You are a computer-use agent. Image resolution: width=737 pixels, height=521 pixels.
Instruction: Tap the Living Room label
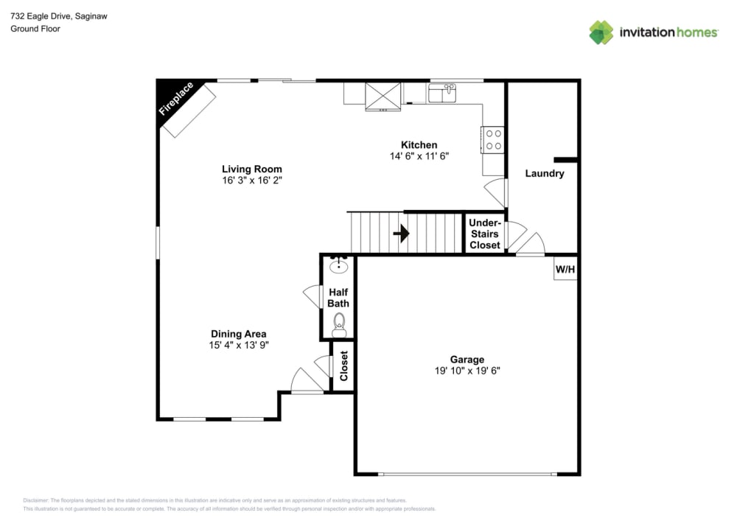(x=252, y=169)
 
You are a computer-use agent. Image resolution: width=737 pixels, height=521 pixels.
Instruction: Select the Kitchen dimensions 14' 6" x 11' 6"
(x=419, y=156)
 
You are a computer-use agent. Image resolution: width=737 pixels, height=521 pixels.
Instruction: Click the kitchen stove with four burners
(x=493, y=140)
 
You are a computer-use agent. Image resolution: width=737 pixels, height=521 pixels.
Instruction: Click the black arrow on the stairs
(x=401, y=234)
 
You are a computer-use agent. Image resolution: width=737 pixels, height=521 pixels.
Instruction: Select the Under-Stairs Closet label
(x=485, y=234)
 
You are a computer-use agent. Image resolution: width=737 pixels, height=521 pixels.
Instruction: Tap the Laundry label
(x=545, y=174)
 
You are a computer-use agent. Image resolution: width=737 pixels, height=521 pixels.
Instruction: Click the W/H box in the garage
(x=565, y=270)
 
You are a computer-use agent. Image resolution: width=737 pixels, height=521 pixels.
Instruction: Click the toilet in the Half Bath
(x=339, y=324)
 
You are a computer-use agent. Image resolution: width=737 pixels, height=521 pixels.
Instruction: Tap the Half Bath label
(x=339, y=298)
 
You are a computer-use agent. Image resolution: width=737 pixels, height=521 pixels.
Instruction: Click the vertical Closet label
(x=343, y=366)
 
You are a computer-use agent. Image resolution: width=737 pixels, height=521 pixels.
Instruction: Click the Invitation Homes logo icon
(x=601, y=32)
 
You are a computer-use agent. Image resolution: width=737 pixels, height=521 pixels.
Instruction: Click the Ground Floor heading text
(x=35, y=29)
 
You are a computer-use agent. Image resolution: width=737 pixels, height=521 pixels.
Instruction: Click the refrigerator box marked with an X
(x=383, y=95)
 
